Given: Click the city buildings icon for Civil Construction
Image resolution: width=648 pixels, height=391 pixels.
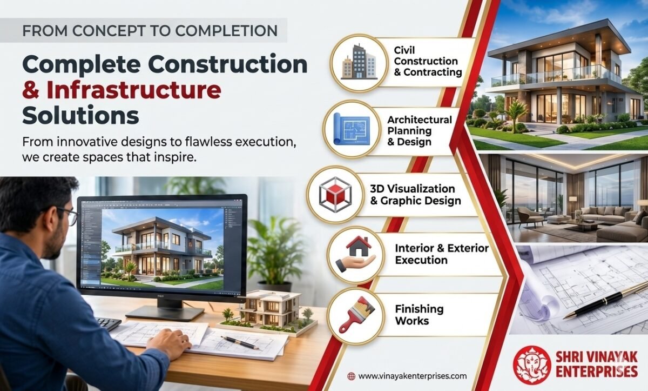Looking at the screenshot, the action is (x=359, y=62).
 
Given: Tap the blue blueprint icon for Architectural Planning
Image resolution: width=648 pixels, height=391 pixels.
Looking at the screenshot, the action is (x=352, y=129).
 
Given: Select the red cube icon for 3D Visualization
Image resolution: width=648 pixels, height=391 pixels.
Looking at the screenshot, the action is (x=335, y=195).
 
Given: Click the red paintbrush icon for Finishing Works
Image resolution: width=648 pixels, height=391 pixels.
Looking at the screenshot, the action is (x=356, y=314).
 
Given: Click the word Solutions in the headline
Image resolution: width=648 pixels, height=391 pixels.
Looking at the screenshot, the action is (x=80, y=116).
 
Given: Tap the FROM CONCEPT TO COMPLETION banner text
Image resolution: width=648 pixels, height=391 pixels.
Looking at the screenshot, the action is (x=150, y=31).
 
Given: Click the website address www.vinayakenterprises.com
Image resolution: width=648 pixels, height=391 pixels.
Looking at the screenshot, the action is (x=412, y=376).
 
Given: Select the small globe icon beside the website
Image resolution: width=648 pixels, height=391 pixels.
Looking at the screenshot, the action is (x=351, y=376).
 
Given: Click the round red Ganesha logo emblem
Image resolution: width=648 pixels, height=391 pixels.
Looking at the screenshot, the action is (x=532, y=365).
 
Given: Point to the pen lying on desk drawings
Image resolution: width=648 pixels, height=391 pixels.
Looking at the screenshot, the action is (x=240, y=343).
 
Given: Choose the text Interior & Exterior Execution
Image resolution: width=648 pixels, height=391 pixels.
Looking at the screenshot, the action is (x=442, y=254).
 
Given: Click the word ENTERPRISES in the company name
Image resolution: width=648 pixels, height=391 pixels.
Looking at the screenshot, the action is (x=597, y=372).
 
